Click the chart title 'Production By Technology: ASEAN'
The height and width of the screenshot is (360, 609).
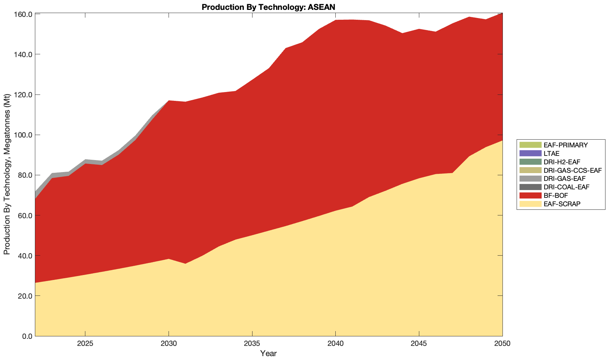pyautogui.click(x=268, y=7)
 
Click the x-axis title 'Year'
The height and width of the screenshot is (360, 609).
pyautogui.click(x=268, y=353)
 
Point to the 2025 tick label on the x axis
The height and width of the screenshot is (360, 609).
pyautogui.click(x=85, y=344)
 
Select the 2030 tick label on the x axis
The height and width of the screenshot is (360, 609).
pyautogui.click(x=169, y=344)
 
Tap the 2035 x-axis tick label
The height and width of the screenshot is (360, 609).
pyautogui.click(x=252, y=344)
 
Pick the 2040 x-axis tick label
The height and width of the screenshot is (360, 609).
pyautogui.click(x=335, y=344)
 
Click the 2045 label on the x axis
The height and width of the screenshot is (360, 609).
pyautogui.click(x=419, y=344)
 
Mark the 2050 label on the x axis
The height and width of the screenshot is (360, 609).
pyautogui.click(x=502, y=344)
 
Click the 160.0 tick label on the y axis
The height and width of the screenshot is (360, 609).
pyautogui.click(x=23, y=14)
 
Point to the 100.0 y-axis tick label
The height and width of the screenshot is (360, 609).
pyautogui.click(x=23, y=135)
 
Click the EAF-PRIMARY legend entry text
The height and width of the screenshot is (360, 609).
pyautogui.click(x=566, y=145)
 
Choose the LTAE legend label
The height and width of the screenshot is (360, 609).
pyautogui.click(x=552, y=153)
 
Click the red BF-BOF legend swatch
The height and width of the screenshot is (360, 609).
pyautogui.click(x=530, y=195)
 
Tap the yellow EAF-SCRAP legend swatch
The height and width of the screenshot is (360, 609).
pyautogui.click(x=530, y=204)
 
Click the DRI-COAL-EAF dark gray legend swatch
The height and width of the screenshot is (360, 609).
pyautogui.click(x=530, y=187)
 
